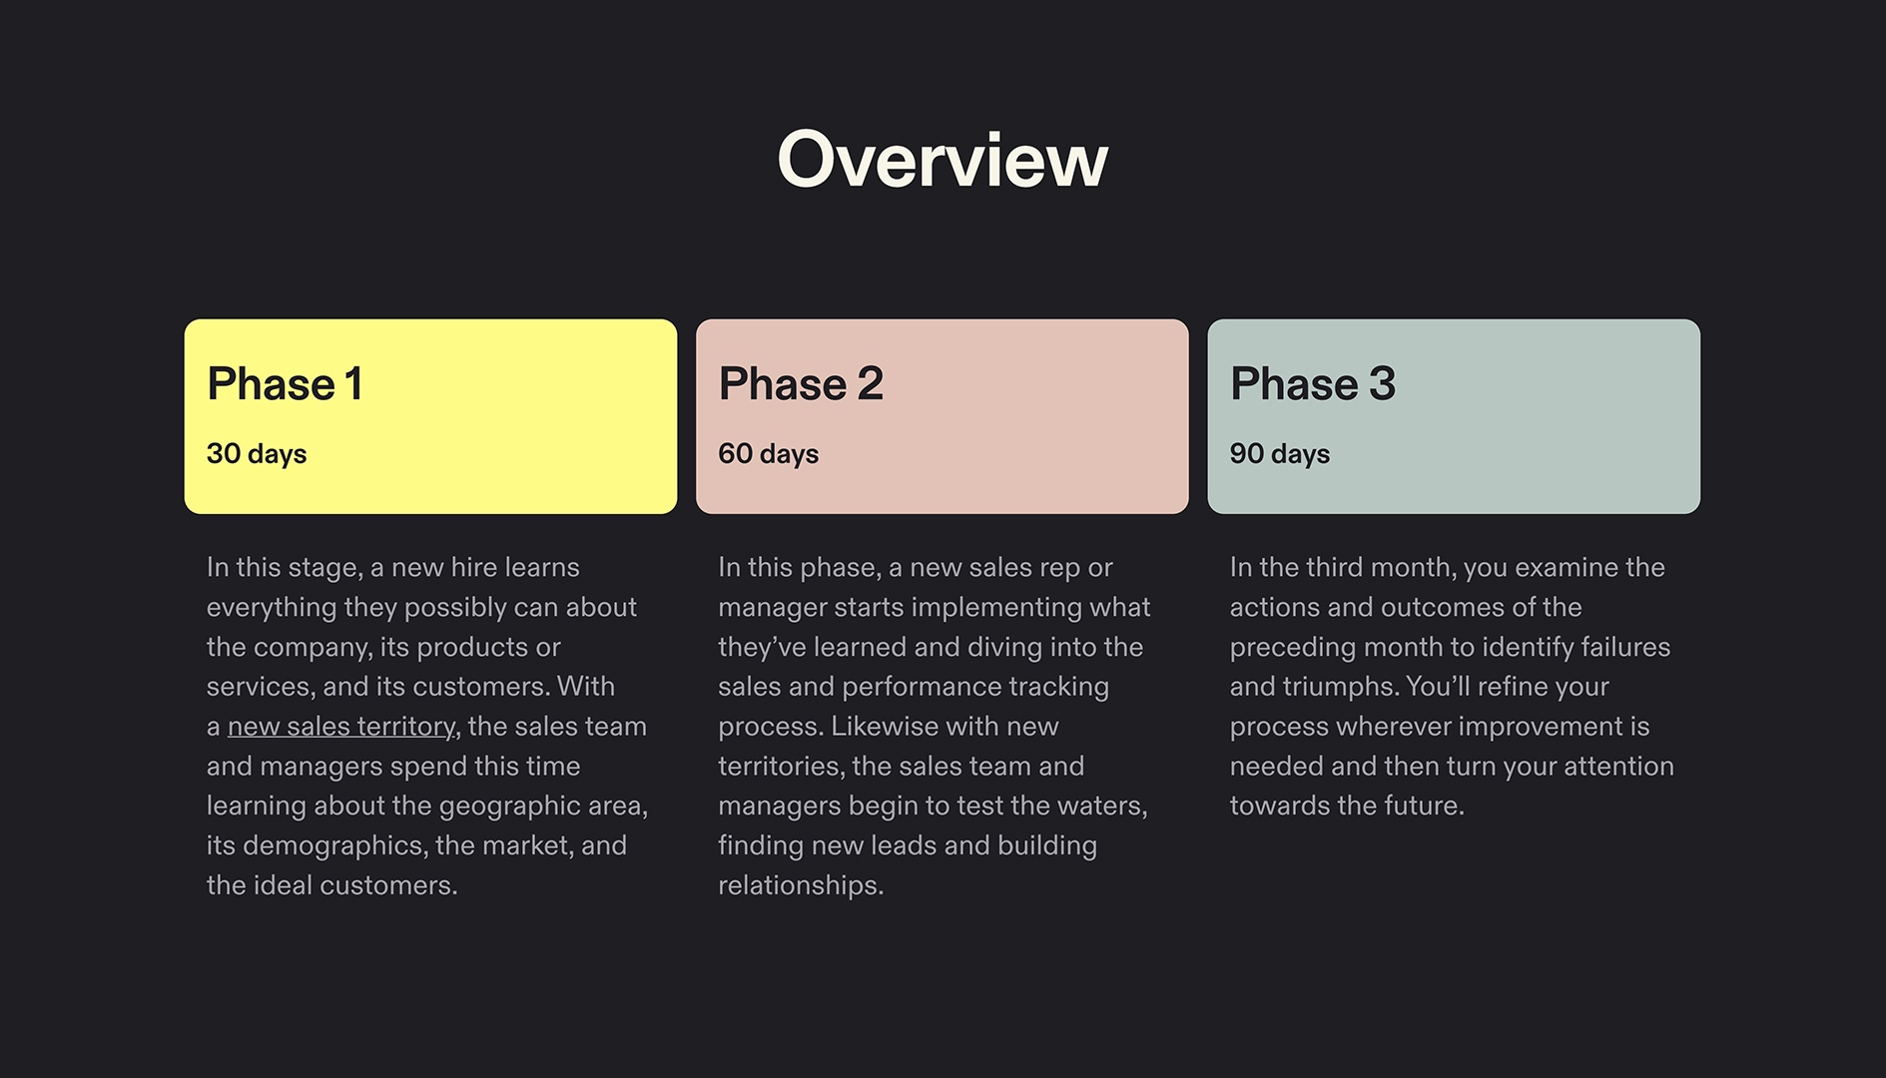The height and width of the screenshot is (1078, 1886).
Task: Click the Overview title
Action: (x=943, y=160)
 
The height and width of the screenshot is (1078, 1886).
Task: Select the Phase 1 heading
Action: (x=285, y=384)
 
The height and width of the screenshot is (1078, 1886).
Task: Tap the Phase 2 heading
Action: (x=801, y=384)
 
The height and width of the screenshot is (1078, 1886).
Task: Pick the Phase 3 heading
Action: (x=1312, y=384)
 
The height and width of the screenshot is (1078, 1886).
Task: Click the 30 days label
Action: (x=257, y=454)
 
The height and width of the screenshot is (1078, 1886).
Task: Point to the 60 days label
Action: (x=768, y=454)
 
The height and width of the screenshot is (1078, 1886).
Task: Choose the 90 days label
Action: (x=1279, y=454)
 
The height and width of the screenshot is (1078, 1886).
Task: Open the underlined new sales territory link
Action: (x=341, y=727)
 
